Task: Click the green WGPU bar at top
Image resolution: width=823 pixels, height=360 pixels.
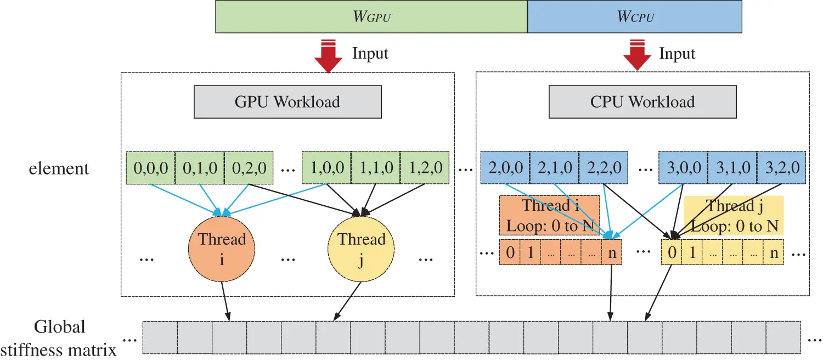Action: pos(371,16)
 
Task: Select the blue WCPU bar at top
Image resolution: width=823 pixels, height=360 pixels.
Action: pos(634,16)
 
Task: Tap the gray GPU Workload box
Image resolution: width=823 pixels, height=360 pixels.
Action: pos(288,102)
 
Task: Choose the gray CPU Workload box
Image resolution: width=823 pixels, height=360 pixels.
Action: pos(642,102)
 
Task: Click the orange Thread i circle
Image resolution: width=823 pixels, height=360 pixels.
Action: pos(222,249)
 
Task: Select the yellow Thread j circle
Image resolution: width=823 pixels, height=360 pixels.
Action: pos(361,249)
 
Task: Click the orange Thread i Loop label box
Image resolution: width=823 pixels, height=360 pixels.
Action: pos(549,216)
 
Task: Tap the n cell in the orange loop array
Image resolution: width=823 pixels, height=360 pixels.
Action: pos(611,253)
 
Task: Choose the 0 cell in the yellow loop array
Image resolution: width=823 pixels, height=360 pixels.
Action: pos(673,253)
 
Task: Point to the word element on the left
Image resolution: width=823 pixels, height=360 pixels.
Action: pos(59,168)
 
